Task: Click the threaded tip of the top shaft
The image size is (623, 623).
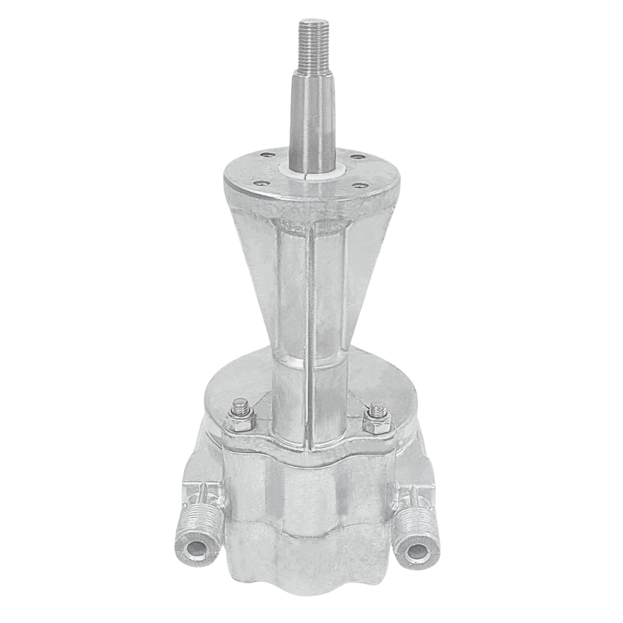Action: click(x=311, y=37)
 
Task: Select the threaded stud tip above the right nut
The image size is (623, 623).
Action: click(x=377, y=410)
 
